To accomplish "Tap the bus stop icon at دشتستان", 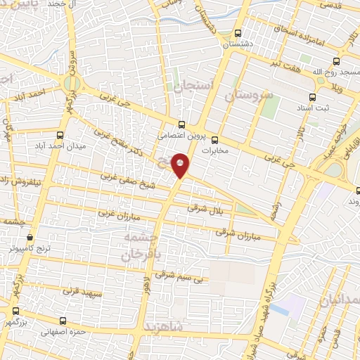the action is tap(237, 32).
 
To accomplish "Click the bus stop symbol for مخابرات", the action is tap(214, 139).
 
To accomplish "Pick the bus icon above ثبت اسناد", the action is tap(313, 97).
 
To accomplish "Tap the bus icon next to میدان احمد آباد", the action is tap(60, 134).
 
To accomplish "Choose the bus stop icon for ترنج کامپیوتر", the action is tap(29, 238).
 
